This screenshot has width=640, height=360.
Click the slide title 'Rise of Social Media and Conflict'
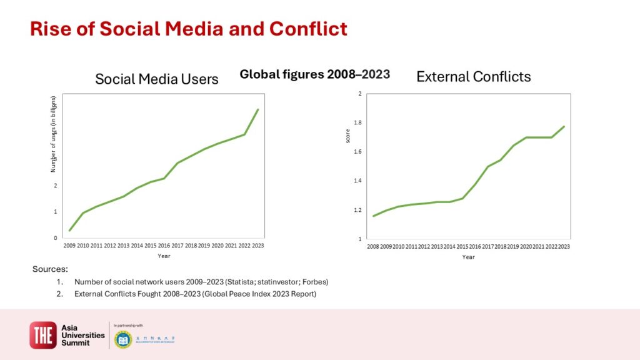189,29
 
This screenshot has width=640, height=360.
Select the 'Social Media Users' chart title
156,79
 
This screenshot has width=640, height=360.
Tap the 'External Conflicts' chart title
473,77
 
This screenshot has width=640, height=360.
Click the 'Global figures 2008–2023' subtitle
315,74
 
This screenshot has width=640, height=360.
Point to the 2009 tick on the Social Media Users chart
69,246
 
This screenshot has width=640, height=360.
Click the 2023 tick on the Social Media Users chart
258,246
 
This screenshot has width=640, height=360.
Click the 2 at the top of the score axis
359,94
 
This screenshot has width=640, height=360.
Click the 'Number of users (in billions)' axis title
54,134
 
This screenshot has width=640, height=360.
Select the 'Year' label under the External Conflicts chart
468,257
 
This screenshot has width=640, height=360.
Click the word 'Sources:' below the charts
50,269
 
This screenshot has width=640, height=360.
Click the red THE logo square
43,335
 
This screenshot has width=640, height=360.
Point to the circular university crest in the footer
123,339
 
